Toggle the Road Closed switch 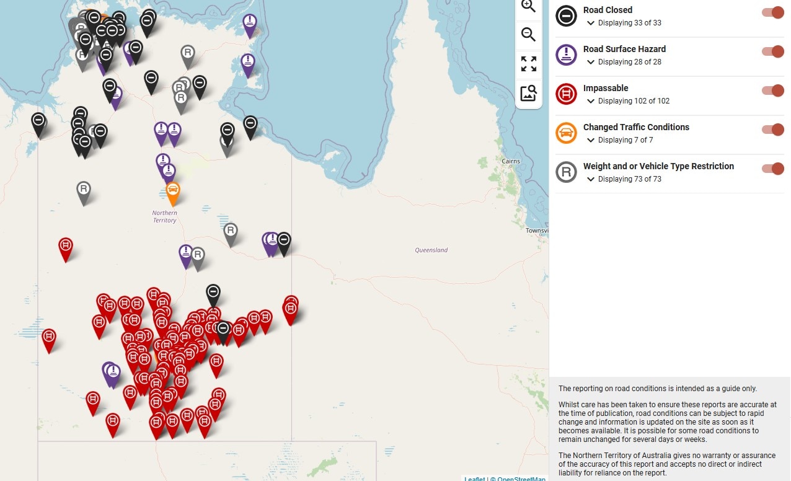pyautogui.click(x=772, y=13)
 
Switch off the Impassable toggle pyautogui.click(x=772, y=91)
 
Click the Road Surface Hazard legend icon pyautogui.click(x=566, y=55)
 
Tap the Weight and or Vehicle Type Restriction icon pyautogui.click(x=566, y=172)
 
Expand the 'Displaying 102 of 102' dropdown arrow pyautogui.click(x=591, y=101)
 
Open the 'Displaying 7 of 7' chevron pyautogui.click(x=591, y=140)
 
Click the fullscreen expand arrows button pyautogui.click(x=529, y=64)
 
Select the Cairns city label pyautogui.click(x=511, y=161)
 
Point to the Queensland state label pyautogui.click(x=431, y=250)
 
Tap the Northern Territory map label pyautogui.click(x=165, y=216)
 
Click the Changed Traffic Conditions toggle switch pyautogui.click(x=772, y=130)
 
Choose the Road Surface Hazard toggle pyautogui.click(x=772, y=52)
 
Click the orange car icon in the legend pyautogui.click(x=566, y=133)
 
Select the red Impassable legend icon pyautogui.click(x=566, y=94)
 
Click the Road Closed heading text pyautogui.click(x=608, y=10)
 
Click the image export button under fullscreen pyautogui.click(x=529, y=94)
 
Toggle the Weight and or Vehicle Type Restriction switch pyautogui.click(x=772, y=169)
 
